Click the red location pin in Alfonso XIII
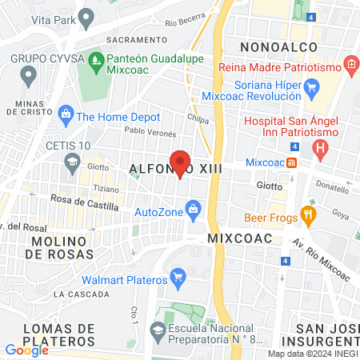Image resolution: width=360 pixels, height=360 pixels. coord(181,163)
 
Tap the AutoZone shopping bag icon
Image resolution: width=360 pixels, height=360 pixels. coord(193,210)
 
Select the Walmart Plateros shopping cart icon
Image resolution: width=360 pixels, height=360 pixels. coord(179,279)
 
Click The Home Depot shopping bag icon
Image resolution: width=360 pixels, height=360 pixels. coord(66,116)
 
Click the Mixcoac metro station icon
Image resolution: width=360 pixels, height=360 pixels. coord(292,162)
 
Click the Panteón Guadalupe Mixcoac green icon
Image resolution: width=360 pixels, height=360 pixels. coord(97,60)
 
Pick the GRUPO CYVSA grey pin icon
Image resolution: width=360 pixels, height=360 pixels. coord(30,77)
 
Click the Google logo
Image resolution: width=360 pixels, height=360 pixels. coord(26,350)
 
